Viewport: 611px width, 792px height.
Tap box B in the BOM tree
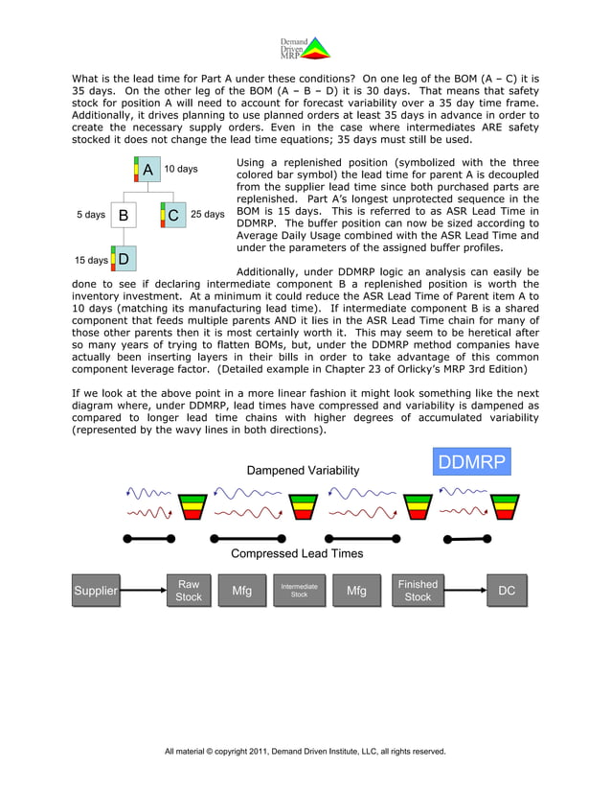point(124,216)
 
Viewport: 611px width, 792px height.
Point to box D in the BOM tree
point(124,260)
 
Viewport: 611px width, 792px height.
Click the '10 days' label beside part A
point(180,170)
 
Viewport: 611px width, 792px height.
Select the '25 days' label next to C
point(208,215)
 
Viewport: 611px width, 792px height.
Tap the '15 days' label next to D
point(92,260)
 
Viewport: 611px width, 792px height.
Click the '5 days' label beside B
point(90,215)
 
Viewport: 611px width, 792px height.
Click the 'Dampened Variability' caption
point(303,471)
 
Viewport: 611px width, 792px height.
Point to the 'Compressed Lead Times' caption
point(297,553)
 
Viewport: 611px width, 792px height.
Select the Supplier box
point(96,591)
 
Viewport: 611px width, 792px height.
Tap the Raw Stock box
point(189,591)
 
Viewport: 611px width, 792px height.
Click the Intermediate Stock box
point(299,591)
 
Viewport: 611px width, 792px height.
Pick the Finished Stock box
point(418,591)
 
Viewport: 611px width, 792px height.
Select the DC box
point(507,591)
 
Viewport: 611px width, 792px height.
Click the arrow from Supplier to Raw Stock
point(142,591)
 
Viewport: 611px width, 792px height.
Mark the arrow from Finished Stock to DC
point(464,591)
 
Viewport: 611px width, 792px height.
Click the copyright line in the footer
point(305,751)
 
